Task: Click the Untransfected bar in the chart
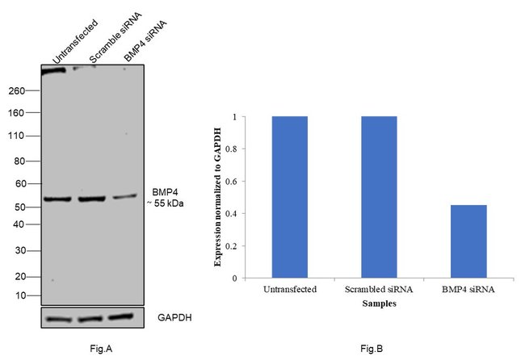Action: tap(289, 197)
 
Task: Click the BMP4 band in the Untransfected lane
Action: tap(58, 199)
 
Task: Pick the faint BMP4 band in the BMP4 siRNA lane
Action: tap(124, 197)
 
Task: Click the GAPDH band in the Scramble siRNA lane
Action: tap(91, 320)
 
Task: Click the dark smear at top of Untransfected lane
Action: tap(55, 71)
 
